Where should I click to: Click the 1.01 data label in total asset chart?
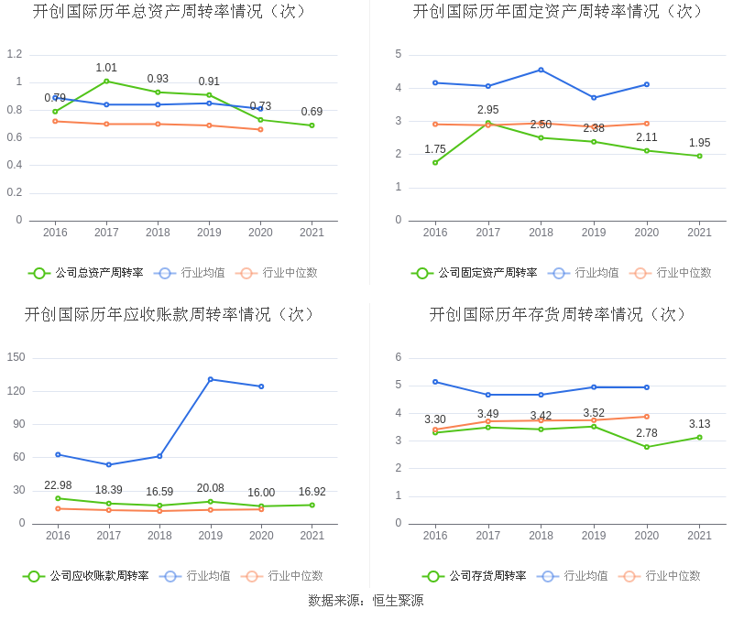click(106, 68)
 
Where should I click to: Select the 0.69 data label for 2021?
click(312, 112)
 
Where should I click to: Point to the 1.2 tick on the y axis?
click(14, 54)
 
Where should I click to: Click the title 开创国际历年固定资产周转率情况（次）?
click(559, 12)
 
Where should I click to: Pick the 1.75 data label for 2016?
click(435, 149)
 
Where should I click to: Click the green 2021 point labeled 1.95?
click(699, 156)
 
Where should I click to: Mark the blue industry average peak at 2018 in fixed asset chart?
click(541, 70)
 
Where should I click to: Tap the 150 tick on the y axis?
click(16, 357)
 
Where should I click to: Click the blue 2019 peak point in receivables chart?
click(210, 379)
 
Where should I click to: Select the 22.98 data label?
click(58, 485)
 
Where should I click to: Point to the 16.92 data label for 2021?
click(312, 492)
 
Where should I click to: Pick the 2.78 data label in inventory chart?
click(646, 433)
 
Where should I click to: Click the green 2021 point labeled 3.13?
click(699, 437)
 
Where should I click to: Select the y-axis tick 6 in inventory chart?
click(398, 357)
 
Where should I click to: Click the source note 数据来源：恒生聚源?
click(366, 601)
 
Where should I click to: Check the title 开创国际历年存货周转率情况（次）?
click(559, 315)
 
